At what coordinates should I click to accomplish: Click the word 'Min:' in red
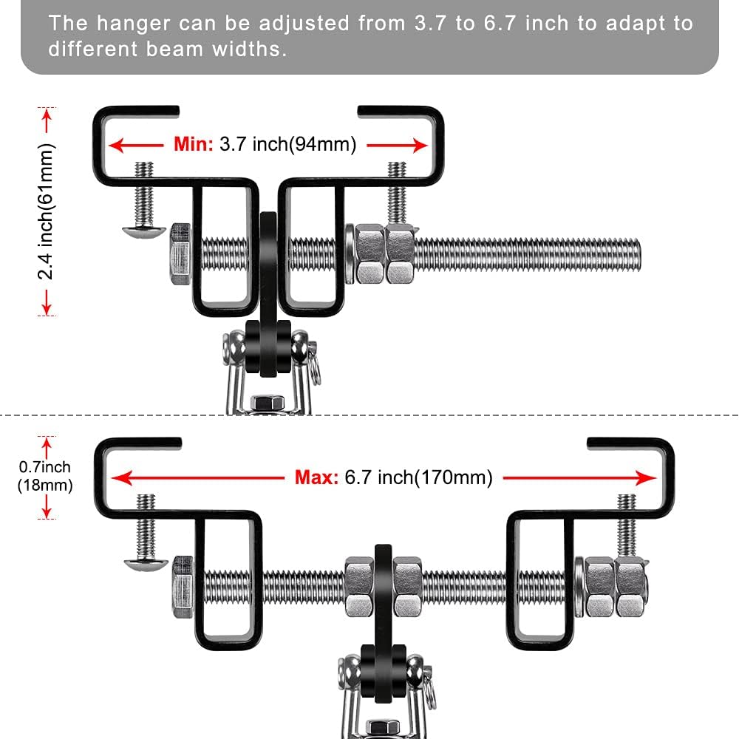194,144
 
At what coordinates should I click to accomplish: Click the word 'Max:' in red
317,477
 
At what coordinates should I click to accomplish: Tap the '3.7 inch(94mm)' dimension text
287,144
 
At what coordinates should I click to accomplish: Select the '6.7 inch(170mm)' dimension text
418,477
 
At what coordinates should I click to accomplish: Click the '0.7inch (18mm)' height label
45,477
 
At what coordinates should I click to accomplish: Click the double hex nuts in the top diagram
384,254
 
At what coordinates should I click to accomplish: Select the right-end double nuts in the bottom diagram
615,587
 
